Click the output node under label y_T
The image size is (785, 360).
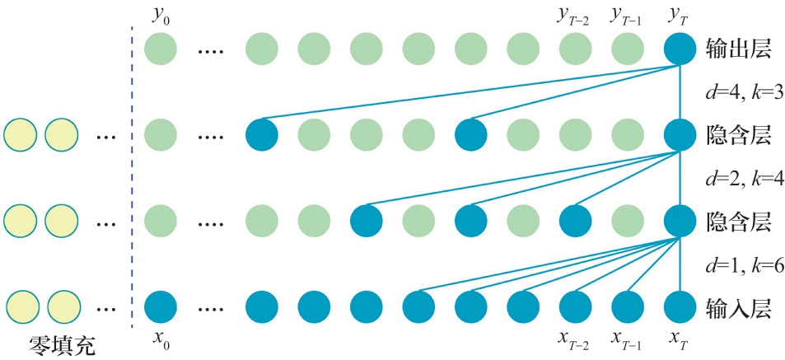click(x=680, y=49)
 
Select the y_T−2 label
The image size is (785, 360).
click(x=574, y=14)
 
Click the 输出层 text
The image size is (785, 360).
click(x=738, y=49)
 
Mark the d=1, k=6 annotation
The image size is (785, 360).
click(x=739, y=266)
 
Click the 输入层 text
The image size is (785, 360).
click(x=738, y=308)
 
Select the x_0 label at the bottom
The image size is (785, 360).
click(x=161, y=339)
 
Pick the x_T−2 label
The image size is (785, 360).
click(x=575, y=339)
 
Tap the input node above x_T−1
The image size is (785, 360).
click(x=628, y=306)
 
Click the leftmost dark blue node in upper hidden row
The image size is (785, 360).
click(x=262, y=134)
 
